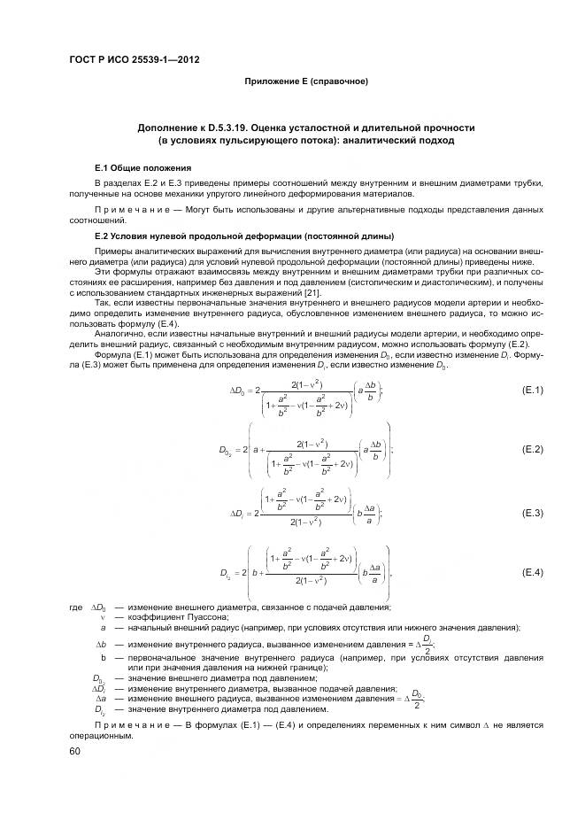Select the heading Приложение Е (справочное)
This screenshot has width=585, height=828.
click(x=305, y=81)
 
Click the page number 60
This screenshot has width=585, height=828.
click(x=75, y=751)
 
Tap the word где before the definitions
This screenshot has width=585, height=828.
click(x=75, y=607)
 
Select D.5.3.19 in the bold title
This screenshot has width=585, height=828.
click(x=238, y=128)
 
